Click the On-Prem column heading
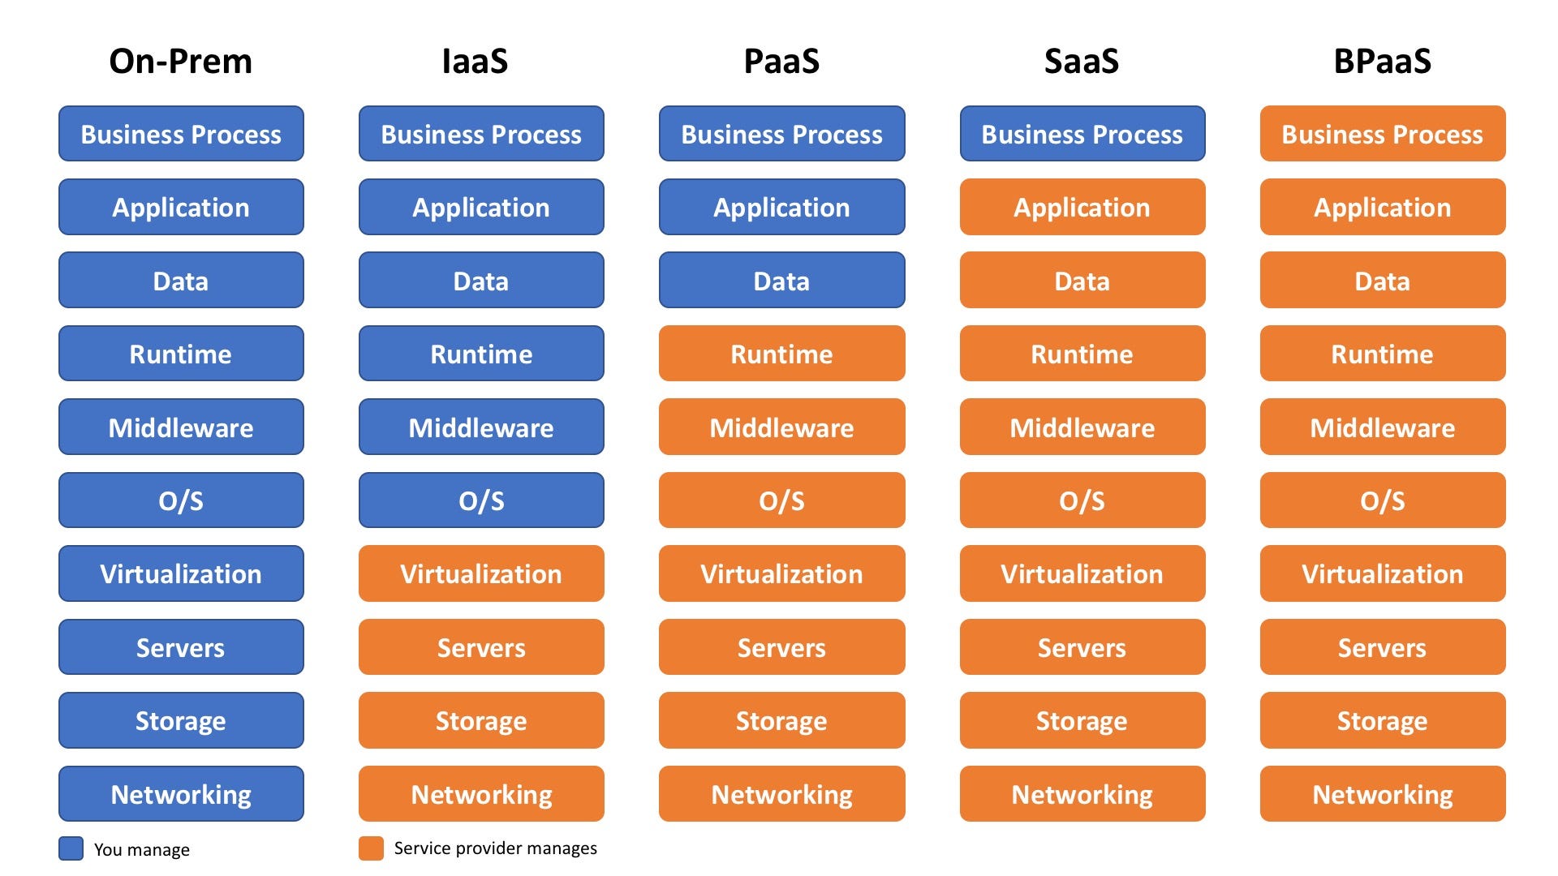pos(180,62)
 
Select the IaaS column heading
pos(475,62)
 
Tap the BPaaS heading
pos(1382,62)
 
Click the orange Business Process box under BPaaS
pos(1382,134)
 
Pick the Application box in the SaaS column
pos(1082,208)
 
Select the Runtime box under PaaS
pos(781,354)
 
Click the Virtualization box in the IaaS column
pos(481,573)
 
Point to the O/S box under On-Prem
pos(181,500)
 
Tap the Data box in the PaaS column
pos(781,281)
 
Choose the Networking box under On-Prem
pos(181,794)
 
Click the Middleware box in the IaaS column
pos(481,427)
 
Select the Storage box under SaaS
pos(1082,720)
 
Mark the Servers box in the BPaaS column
pos(1382,647)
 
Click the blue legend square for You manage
pos(71,848)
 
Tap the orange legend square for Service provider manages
pos(371,848)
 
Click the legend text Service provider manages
pos(495,848)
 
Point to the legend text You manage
pos(142,849)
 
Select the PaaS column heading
pos(781,62)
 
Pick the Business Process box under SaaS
pos(1082,134)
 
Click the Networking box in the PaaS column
pos(781,794)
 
